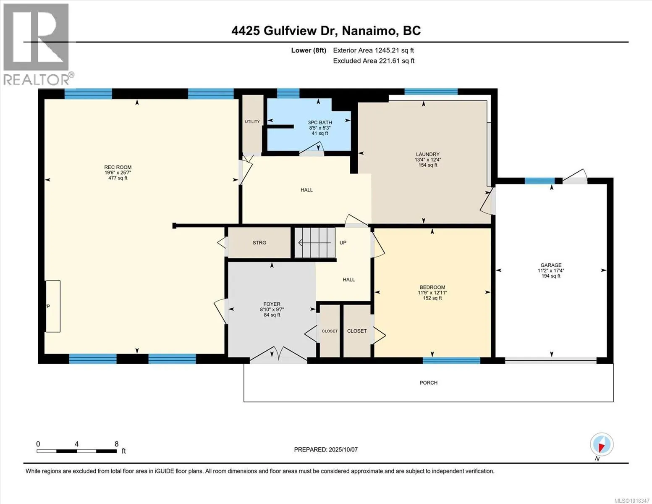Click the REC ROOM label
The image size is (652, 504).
tap(118, 168)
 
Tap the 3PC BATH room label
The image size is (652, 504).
tap(319, 123)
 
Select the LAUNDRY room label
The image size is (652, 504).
tap(427, 154)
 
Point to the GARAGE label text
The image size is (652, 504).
tap(551, 265)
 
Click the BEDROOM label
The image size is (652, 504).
tap(432, 287)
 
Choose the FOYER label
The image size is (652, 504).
tap(272, 304)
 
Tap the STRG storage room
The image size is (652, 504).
tap(259, 243)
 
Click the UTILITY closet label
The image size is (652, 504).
tap(252, 122)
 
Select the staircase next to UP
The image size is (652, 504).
tap(315, 243)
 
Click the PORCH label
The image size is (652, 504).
tap(428, 383)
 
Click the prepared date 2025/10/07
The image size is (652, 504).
tap(326, 449)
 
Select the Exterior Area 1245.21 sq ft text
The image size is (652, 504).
tap(373, 50)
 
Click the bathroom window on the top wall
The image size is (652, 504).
tap(288, 93)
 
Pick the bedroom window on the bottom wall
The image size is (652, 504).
tap(451, 360)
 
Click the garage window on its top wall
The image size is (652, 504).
tap(539, 181)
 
